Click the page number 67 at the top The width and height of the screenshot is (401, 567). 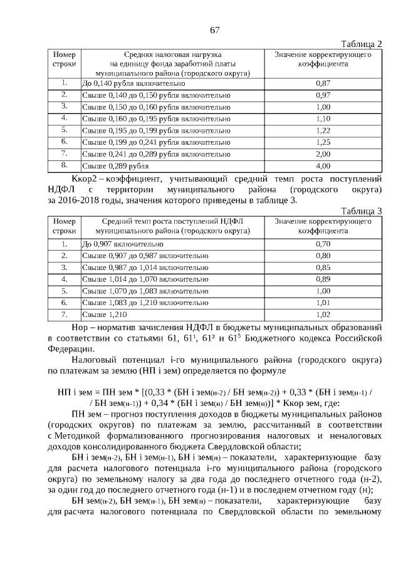(x=214, y=30)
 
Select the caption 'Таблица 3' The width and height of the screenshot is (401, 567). (x=361, y=211)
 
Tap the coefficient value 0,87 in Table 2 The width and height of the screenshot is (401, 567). (x=323, y=83)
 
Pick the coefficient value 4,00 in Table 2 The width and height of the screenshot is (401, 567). (x=323, y=166)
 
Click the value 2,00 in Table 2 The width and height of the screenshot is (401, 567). (x=323, y=154)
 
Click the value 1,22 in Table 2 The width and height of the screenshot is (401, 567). (x=323, y=130)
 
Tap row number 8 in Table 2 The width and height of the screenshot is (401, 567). (x=64, y=165)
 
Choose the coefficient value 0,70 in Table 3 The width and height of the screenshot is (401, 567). (x=323, y=244)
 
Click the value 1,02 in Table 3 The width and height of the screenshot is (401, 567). (x=323, y=315)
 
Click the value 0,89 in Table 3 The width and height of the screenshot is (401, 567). (x=323, y=279)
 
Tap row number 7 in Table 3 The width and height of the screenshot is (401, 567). (x=64, y=314)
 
